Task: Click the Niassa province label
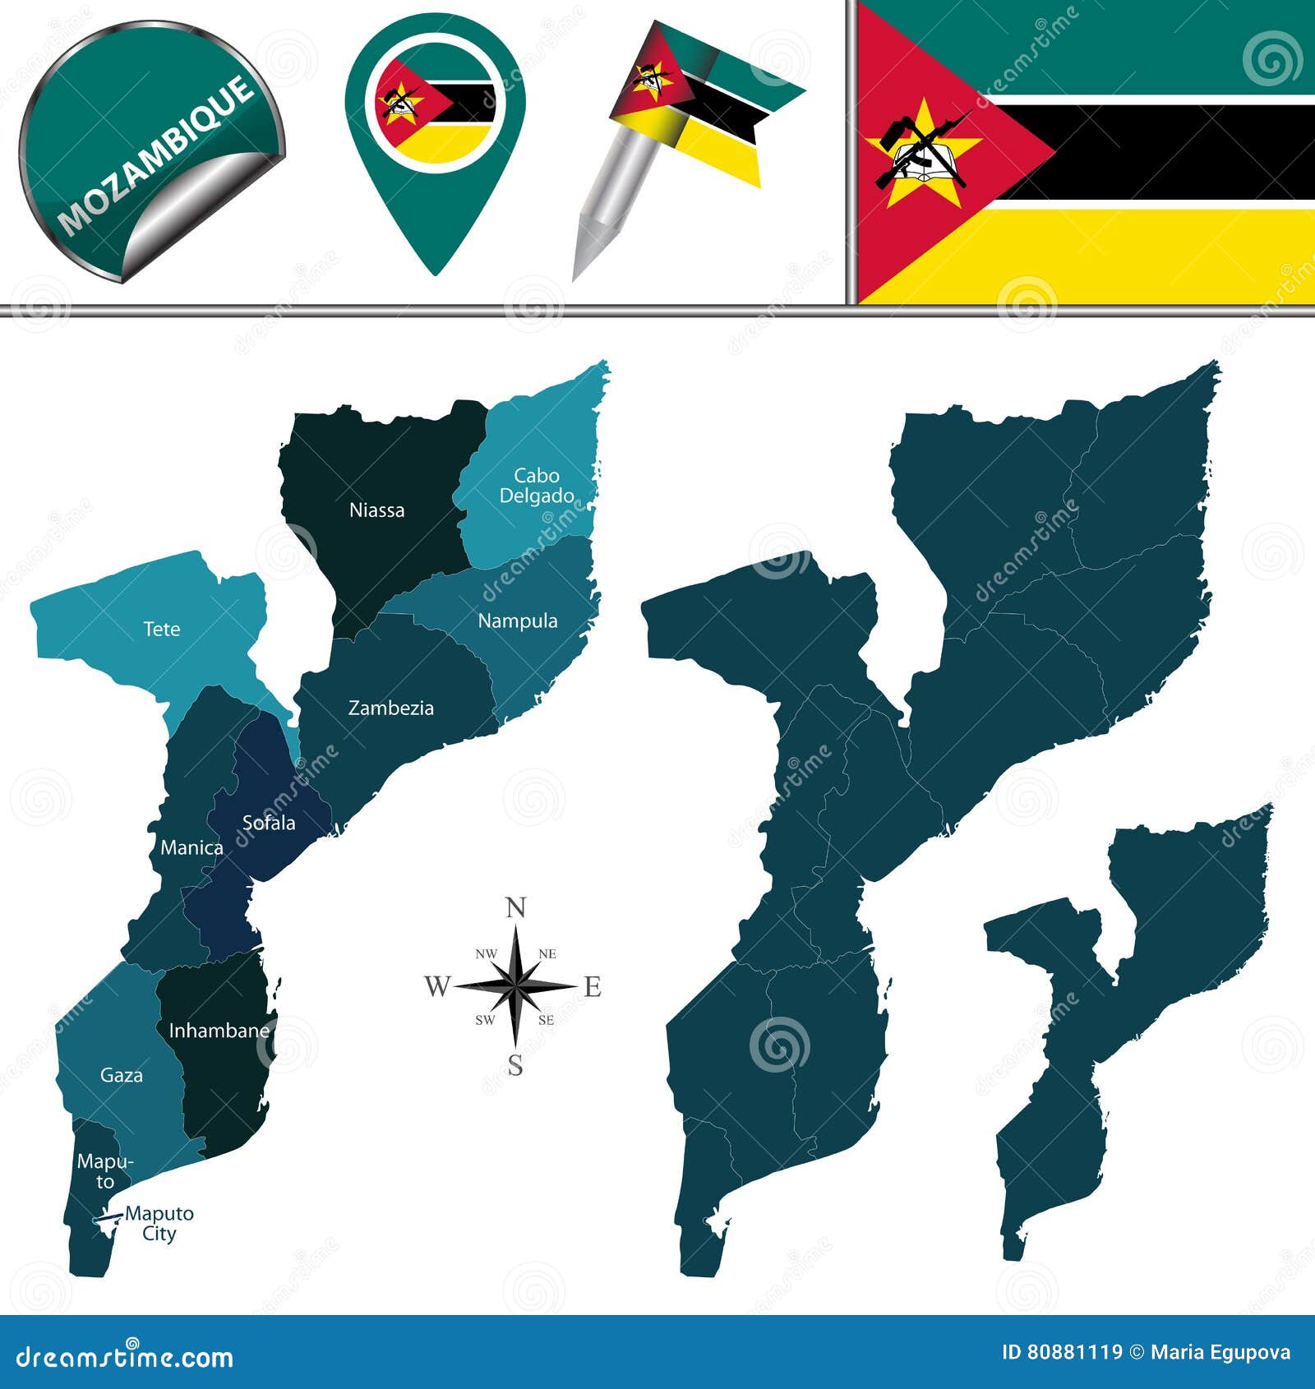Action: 376,510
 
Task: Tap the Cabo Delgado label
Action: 537,486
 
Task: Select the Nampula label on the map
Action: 518,621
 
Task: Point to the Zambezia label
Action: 390,708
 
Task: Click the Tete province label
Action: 161,630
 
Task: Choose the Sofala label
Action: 268,823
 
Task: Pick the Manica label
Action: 191,848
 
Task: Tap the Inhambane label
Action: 219,1031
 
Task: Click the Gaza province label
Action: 121,1075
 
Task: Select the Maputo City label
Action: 159,1224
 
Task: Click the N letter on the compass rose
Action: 515,908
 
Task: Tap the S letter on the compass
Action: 515,1066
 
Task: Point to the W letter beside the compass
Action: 437,986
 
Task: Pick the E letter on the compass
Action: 593,987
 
